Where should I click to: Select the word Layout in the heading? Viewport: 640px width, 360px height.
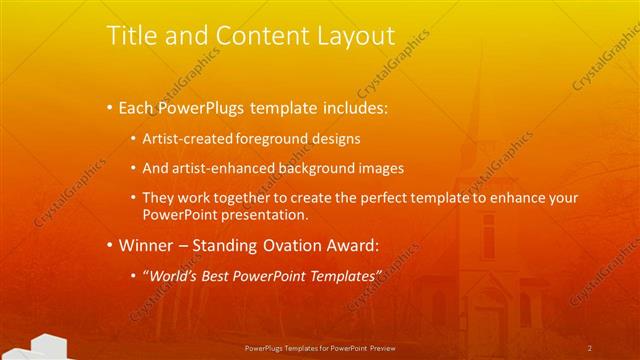tap(352, 37)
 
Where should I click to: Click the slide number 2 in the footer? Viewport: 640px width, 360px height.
tap(590, 348)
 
